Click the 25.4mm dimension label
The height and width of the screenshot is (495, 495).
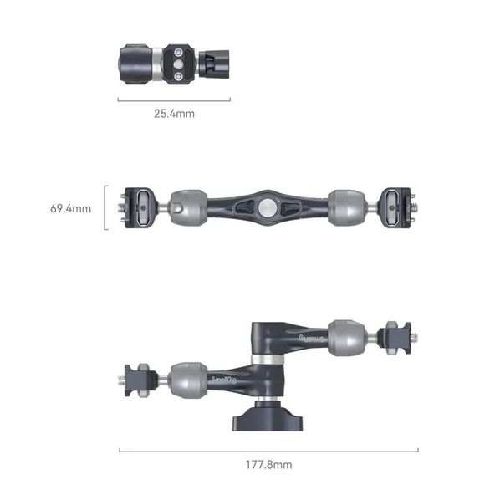[x=174, y=113]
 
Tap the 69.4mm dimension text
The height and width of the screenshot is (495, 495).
[x=70, y=207]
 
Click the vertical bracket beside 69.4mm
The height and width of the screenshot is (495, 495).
[x=105, y=207]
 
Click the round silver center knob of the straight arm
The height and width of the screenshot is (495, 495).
[x=265, y=206]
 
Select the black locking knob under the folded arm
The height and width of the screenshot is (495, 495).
[x=265, y=414]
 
